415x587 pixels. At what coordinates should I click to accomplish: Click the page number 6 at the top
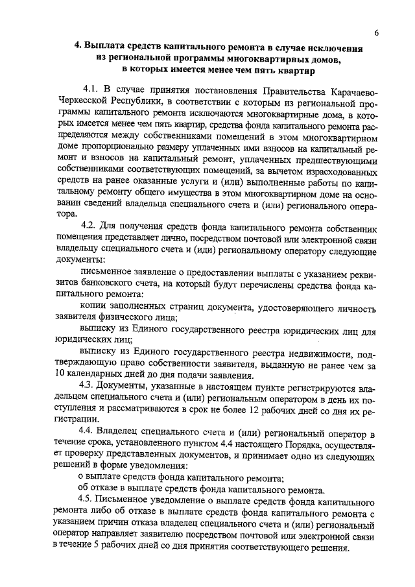coord(376,32)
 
